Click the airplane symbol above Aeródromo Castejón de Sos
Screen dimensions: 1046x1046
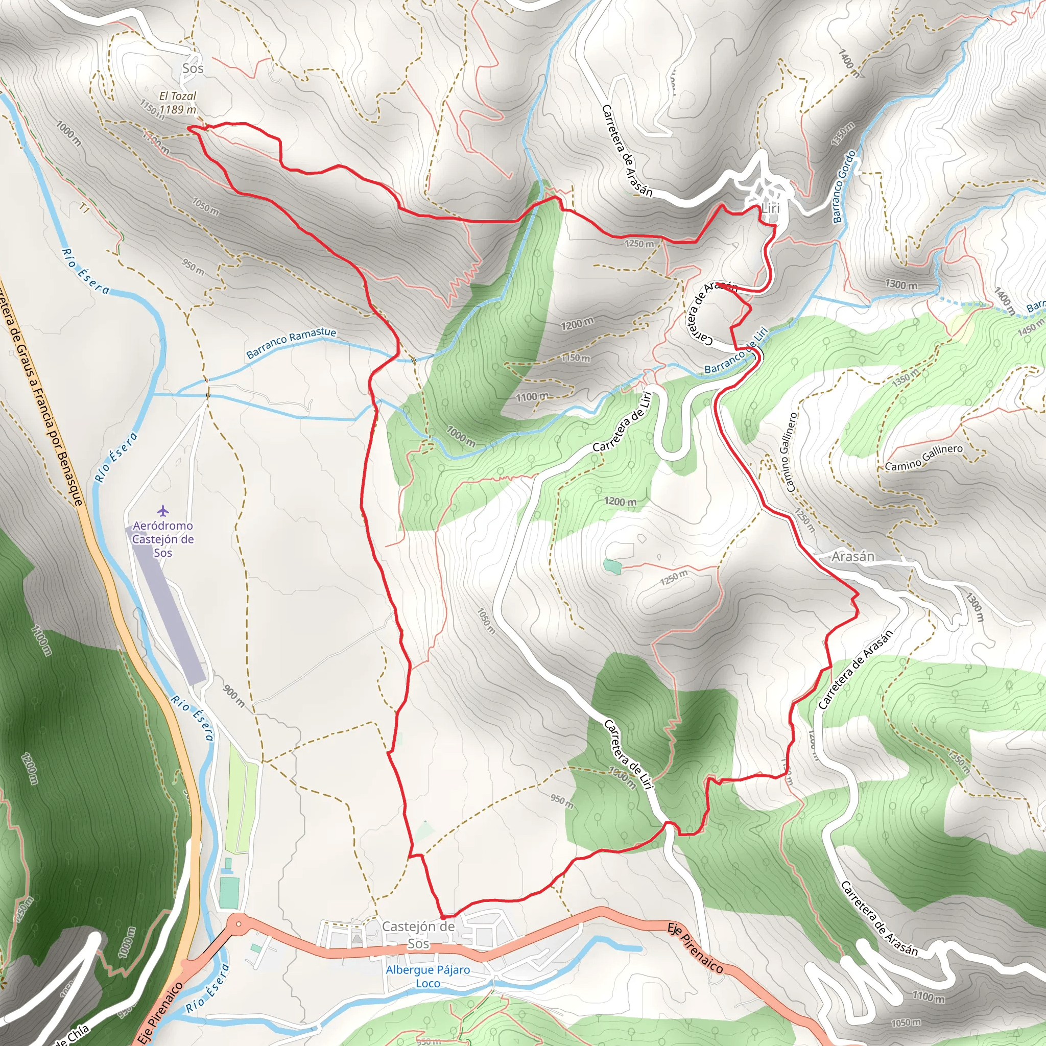point(163,511)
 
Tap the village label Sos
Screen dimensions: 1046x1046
point(193,68)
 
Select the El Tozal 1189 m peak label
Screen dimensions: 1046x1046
point(178,103)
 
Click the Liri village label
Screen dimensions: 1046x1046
point(770,208)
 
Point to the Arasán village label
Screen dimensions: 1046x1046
point(853,556)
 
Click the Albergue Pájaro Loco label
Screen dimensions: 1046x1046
point(427,976)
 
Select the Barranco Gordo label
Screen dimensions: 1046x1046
point(844,187)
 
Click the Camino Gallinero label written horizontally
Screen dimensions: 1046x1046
point(923,458)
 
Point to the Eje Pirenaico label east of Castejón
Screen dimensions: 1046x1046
point(695,948)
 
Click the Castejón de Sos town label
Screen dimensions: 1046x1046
point(418,935)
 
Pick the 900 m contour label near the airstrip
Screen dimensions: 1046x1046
point(233,696)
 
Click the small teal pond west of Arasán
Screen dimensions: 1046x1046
point(611,566)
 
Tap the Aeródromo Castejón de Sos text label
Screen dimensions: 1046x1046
point(163,539)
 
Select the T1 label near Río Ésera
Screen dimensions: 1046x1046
point(83,208)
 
